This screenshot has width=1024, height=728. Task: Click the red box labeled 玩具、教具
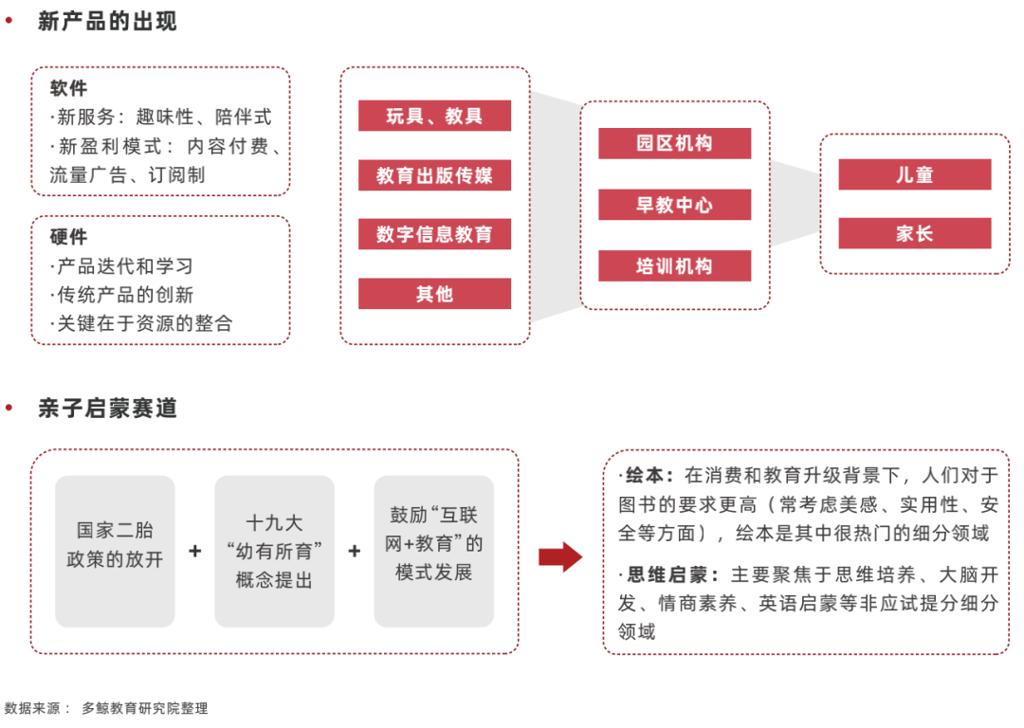tap(434, 116)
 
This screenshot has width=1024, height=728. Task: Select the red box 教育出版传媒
tap(434, 175)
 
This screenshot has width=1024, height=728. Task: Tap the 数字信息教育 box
tap(434, 234)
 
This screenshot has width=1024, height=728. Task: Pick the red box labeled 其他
tap(434, 293)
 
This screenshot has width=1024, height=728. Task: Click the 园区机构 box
tap(675, 143)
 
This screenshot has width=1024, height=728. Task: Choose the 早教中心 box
tap(675, 205)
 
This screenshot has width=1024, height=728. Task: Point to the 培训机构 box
tap(675, 265)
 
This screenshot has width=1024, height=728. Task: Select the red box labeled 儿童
tap(915, 174)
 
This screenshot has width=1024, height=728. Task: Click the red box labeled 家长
tap(915, 233)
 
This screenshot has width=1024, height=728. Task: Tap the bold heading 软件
tap(68, 88)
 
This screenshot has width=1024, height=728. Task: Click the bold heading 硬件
tap(68, 236)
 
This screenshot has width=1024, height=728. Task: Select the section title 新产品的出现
tap(107, 21)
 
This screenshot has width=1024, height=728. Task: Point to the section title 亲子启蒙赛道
tap(107, 408)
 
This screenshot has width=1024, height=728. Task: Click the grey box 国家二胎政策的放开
tap(115, 551)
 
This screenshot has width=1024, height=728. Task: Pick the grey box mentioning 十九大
tap(274, 551)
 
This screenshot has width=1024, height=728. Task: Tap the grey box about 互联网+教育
tap(433, 551)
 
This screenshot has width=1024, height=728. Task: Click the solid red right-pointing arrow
tap(560, 557)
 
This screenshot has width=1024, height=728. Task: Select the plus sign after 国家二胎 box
tap(194, 551)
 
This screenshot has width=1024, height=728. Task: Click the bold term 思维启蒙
tap(667, 574)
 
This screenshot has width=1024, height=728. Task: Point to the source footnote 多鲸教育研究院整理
tap(145, 708)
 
